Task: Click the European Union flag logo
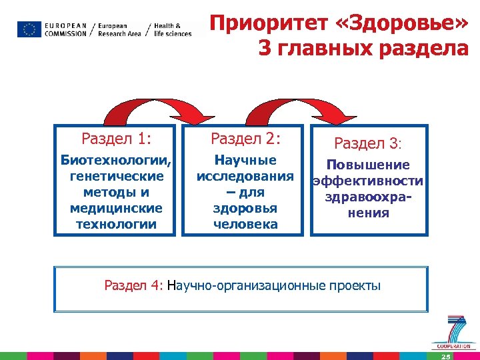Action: point(29,29)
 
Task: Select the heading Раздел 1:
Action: point(116,139)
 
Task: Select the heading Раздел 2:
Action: point(245,139)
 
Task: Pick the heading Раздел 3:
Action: point(368,143)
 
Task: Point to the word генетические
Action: point(116,177)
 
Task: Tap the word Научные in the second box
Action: point(245,161)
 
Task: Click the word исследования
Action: point(245,177)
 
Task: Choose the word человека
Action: point(245,224)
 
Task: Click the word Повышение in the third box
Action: point(368,165)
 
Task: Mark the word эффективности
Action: point(368,181)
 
